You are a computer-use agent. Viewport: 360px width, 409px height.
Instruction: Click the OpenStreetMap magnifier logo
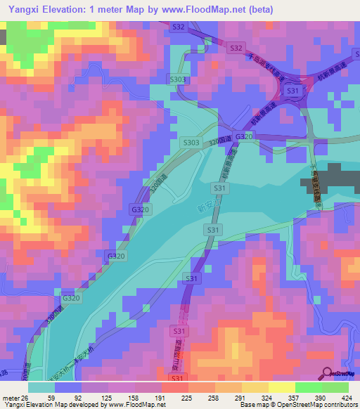pyautogui.click(x=326, y=374)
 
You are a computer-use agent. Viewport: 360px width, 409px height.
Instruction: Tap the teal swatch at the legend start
pyautogui.click(x=41, y=387)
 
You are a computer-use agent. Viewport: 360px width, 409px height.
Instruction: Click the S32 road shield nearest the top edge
pyautogui.click(x=179, y=27)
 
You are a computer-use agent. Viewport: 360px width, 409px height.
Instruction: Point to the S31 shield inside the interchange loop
pyautogui.click(x=294, y=91)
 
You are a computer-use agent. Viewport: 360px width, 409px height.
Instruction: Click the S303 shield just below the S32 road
pyautogui.click(x=177, y=80)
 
